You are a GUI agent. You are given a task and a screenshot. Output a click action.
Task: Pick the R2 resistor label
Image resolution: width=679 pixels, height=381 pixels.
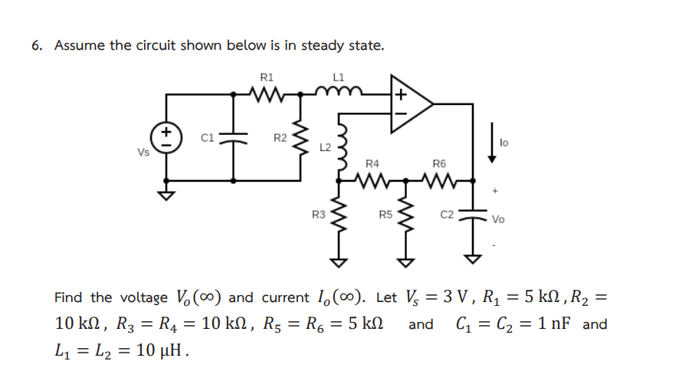(x=280, y=138)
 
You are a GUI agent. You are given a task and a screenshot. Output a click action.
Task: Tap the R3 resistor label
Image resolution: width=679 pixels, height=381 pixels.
(x=318, y=215)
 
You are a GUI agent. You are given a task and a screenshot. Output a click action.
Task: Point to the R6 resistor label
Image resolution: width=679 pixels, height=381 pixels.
(x=439, y=163)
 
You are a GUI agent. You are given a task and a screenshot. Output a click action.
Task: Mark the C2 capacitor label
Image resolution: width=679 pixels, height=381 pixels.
(x=448, y=215)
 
